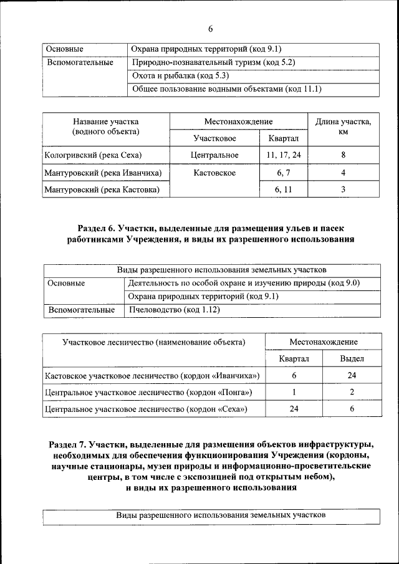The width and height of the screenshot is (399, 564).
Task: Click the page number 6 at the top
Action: click(x=210, y=29)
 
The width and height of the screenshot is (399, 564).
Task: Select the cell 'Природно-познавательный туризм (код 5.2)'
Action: click(x=213, y=62)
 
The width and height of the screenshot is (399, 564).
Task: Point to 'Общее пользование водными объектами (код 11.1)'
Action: click(x=227, y=88)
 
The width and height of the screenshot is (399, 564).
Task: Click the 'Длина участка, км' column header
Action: click(x=343, y=127)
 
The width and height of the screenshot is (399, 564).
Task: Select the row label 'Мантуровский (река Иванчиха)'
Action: click(x=103, y=172)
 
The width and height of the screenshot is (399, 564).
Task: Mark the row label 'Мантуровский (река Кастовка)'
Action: click(x=102, y=189)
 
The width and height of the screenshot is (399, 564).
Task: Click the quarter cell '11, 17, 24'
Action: click(x=283, y=155)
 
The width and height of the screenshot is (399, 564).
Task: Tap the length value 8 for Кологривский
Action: click(x=343, y=155)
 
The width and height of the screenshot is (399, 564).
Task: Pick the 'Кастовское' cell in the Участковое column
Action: click(x=214, y=172)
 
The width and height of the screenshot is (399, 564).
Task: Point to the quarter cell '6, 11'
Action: click(x=283, y=189)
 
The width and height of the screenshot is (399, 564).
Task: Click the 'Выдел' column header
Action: click(x=352, y=359)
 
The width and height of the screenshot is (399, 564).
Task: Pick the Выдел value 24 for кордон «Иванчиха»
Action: click(x=352, y=376)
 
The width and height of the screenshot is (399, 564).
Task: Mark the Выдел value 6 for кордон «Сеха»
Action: click(x=352, y=409)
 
